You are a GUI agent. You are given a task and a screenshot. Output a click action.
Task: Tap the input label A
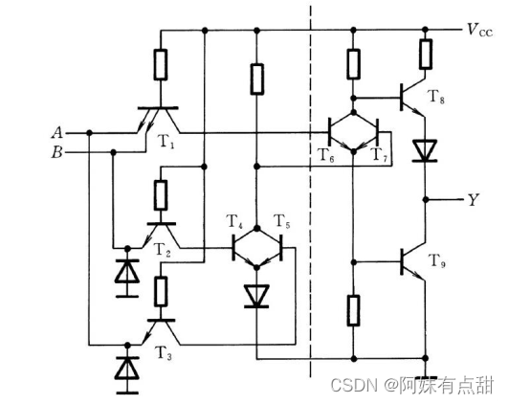point(56,132)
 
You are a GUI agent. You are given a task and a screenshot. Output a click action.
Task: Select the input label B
point(56,151)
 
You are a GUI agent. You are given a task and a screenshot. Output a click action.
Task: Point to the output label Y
point(473,200)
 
